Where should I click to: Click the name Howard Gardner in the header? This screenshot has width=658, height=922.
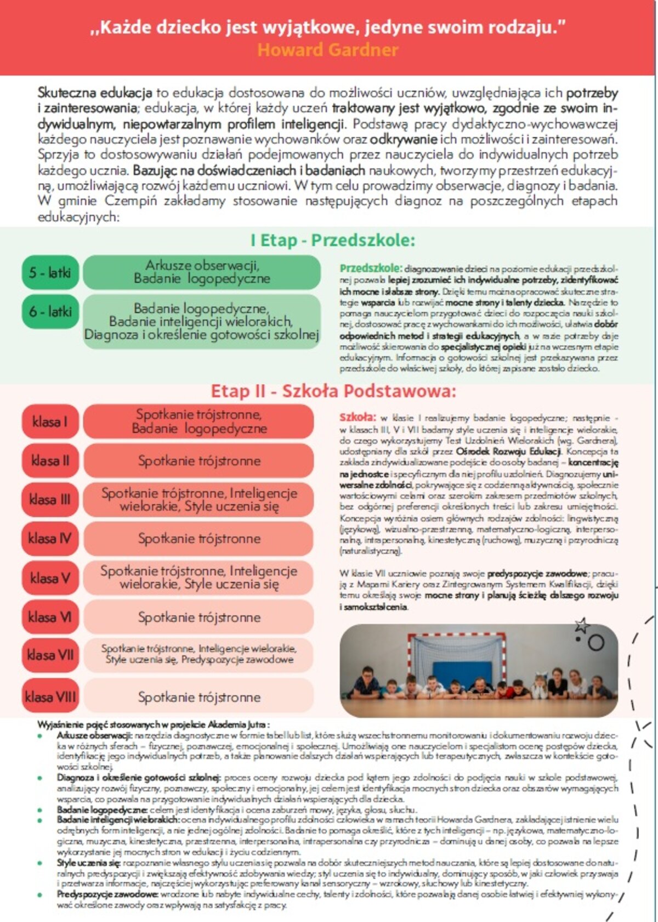pos(328,50)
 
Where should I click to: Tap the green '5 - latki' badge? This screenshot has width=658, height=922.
pos(50,272)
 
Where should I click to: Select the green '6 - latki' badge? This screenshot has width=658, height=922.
pos(50,312)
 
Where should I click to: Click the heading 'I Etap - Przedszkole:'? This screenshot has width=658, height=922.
pos(333,240)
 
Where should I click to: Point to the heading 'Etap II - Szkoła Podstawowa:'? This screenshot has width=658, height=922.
pos(333,391)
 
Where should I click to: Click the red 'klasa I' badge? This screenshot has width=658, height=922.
pos(50,421)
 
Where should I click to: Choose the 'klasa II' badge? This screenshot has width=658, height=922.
pos(50,460)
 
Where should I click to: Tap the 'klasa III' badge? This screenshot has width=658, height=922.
pos(50,499)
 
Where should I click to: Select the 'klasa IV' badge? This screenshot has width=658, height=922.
pos(50,538)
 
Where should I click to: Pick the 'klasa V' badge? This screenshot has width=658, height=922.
pos(50,578)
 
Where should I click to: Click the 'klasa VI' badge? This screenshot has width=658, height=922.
pos(50,617)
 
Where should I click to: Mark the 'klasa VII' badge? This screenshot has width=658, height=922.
pos(50,655)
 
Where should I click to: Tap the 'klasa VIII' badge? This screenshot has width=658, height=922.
pos(50,697)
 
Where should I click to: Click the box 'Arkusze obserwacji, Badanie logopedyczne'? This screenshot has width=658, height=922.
pos(202,272)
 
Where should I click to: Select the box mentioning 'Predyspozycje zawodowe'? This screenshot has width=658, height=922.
pos(198,654)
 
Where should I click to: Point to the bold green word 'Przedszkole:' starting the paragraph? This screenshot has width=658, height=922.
pos(371,268)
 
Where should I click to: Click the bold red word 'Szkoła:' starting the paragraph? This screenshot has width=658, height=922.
pos(358,417)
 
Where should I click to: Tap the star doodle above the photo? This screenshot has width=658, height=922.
pos(581,625)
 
